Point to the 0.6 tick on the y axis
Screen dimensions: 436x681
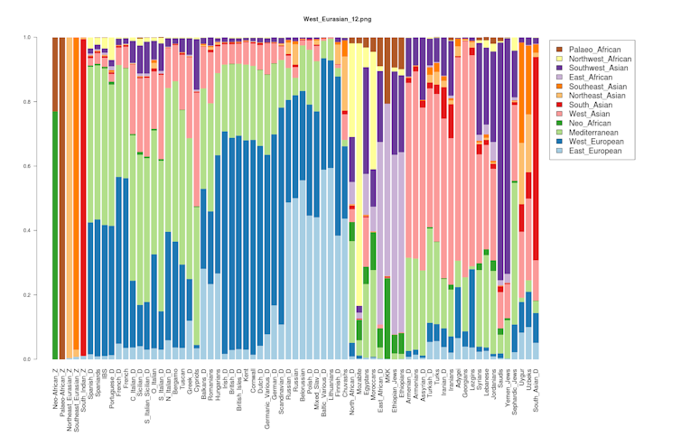click(28, 166)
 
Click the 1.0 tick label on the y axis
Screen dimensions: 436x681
click(28, 37)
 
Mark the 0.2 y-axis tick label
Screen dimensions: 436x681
click(28, 295)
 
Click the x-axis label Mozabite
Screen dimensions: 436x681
click(359, 384)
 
